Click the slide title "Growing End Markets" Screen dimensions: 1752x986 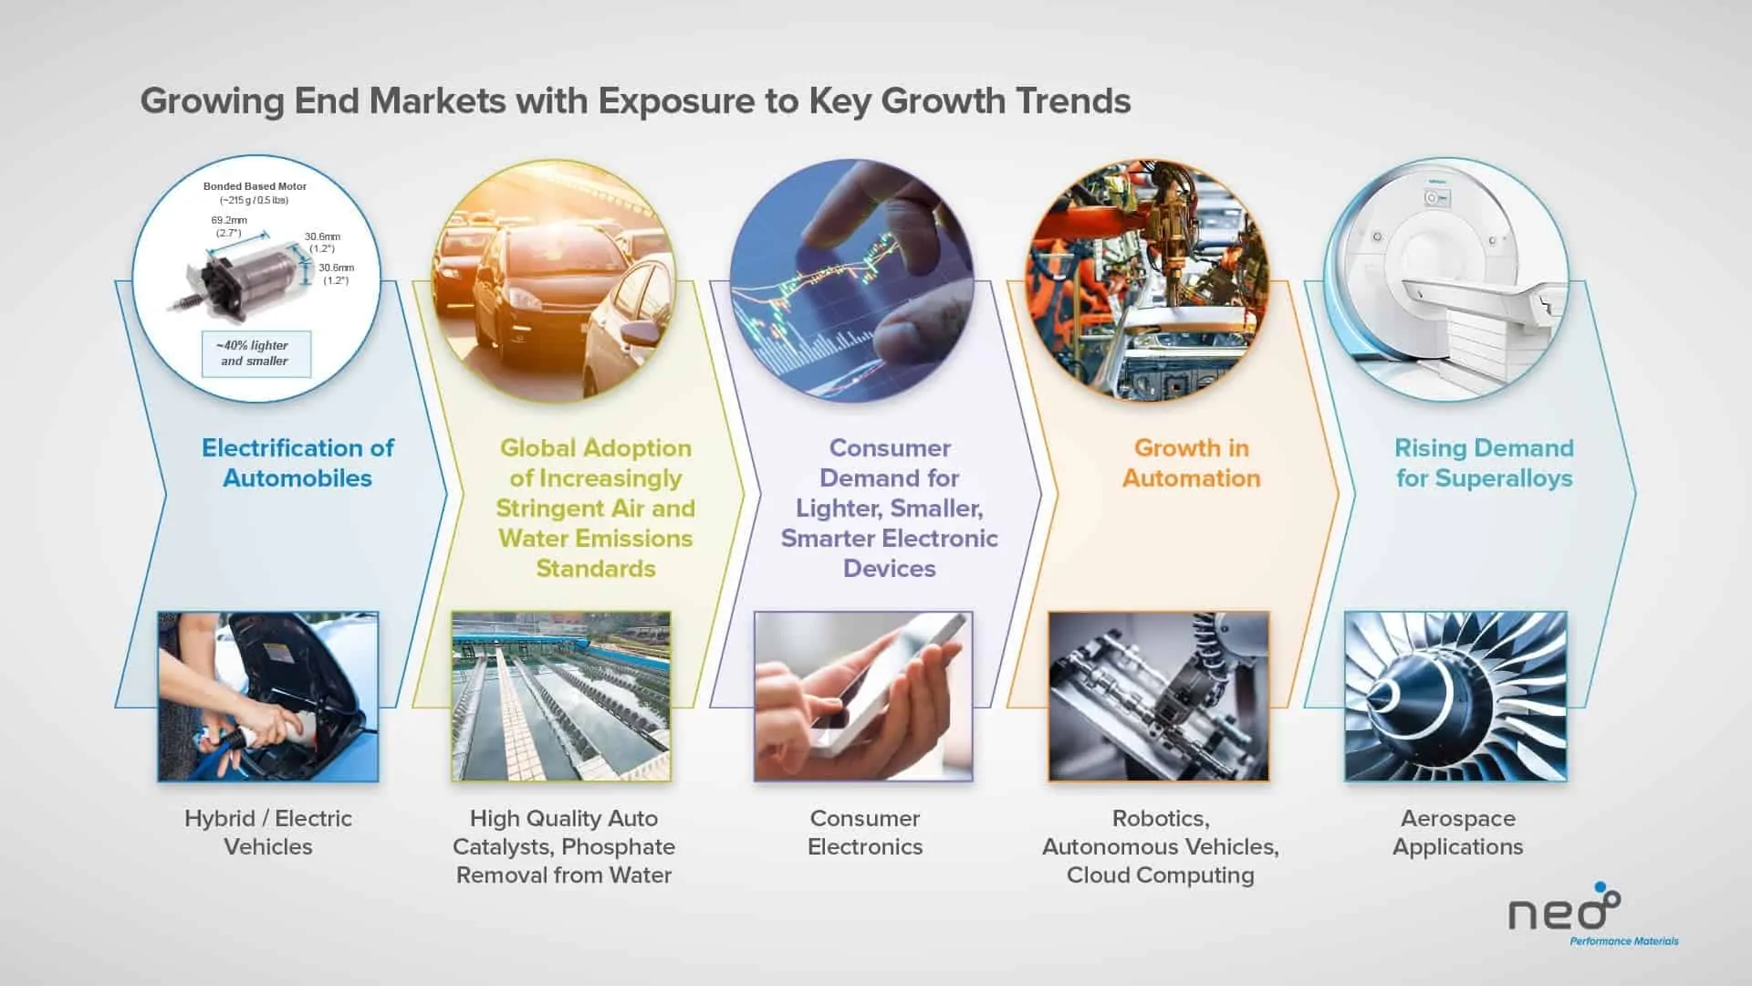tap(323, 101)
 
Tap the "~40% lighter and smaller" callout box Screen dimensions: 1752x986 tap(255, 353)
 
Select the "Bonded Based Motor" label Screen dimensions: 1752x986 tap(255, 186)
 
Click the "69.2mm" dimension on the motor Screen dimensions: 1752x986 tap(229, 220)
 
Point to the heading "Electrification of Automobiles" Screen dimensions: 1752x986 tap(297, 463)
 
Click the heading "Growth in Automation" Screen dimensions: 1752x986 tap(1191, 463)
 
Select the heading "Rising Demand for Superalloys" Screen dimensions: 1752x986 tap(1484, 463)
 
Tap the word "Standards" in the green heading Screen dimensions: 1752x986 tap(596, 569)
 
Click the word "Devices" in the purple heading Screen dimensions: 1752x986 tap(890, 569)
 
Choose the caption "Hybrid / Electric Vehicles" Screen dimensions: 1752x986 tap(268, 833)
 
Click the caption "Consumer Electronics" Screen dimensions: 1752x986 tap(865, 833)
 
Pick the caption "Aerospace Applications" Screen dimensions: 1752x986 tap(1457, 833)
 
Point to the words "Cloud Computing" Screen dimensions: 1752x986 tap(1161, 876)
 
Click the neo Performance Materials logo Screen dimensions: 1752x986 tap(1592, 916)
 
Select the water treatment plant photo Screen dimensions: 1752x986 tap(561, 697)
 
